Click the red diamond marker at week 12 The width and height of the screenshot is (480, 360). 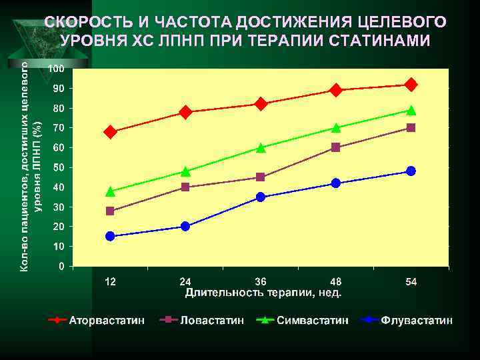pyautogui.click(x=110, y=132)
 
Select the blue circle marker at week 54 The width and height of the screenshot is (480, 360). pyautogui.click(x=411, y=171)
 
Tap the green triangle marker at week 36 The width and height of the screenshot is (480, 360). pyautogui.click(x=261, y=148)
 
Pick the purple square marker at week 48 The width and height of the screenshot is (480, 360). pyautogui.click(x=335, y=147)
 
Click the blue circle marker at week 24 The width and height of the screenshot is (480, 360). pyautogui.click(x=185, y=227)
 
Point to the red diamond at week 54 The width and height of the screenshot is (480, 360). pyautogui.click(x=411, y=85)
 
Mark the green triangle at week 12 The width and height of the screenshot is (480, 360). pyautogui.click(x=110, y=192)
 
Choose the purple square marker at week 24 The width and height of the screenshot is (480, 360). pyautogui.click(x=185, y=187)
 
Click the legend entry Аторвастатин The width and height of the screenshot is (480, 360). pyautogui.click(x=107, y=321)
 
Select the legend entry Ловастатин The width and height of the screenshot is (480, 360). pyautogui.click(x=211, y=321)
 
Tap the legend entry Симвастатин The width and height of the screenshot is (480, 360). pyautogui.click(x=312, y=321)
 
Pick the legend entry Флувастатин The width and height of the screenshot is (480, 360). pyautogui.click(x=417, y=321)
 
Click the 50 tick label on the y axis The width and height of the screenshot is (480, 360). pyautogui.click(x=59, y=167)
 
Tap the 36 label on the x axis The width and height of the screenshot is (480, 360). pyautogui.click(x=261, y=282)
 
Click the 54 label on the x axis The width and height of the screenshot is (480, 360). pyautogui.click(x=411, y=282)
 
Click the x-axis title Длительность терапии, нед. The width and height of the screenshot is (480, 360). pyautogui.click(x=263, y=293)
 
